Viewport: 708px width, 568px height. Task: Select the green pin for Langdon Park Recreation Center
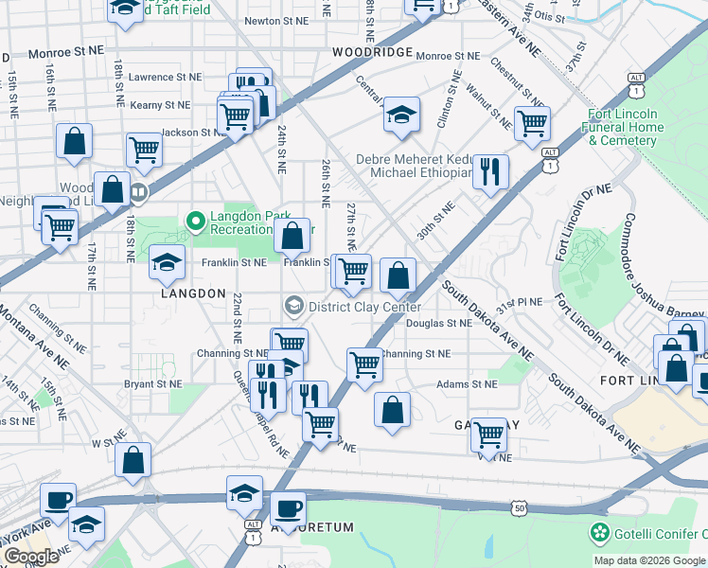coord(196,222)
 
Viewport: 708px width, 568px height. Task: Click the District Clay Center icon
coord(294,305)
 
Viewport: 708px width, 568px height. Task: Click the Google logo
coord(30,557)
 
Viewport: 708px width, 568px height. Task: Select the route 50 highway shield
coord(520,508)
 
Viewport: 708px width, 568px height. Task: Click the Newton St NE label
coord(276,20)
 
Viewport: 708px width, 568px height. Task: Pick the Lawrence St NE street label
coord(166,77)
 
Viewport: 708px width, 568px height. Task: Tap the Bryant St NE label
coord(152,384)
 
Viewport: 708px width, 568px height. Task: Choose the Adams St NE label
coord(466,384)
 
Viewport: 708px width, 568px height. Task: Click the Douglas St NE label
coord(438,323)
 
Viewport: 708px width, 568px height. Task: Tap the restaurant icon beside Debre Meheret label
coord(490,171)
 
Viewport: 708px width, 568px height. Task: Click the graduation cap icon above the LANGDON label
coord(167,262)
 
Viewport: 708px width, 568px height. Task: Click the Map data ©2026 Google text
coord(649,560)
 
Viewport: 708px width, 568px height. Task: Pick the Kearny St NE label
coord(160,105)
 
